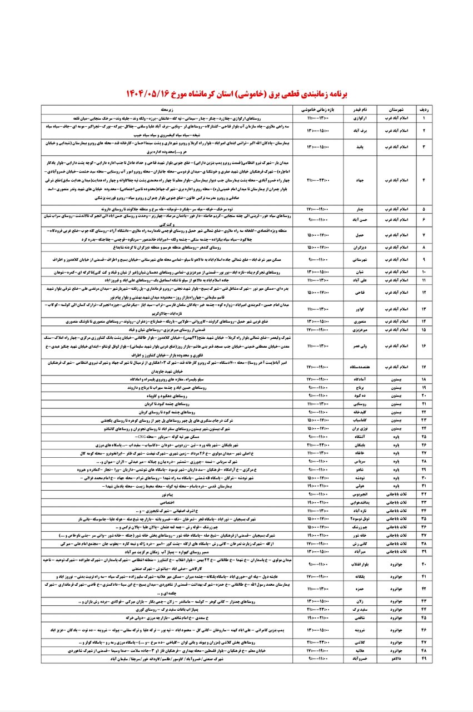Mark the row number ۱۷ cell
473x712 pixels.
425,367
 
